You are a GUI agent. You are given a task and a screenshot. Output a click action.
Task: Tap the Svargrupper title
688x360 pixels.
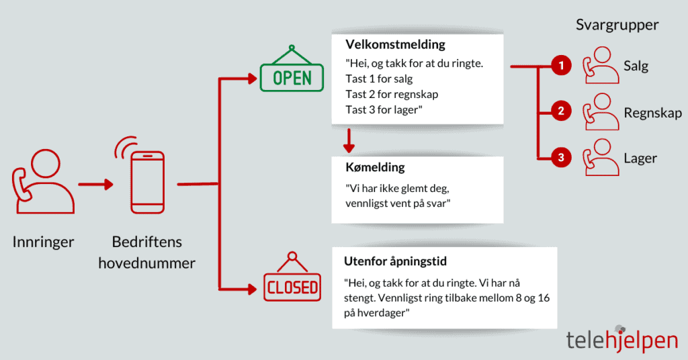point(617,25)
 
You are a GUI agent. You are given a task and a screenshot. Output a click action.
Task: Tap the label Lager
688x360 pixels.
point(640,159)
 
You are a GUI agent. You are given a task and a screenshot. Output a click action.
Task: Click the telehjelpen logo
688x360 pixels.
point(621,339)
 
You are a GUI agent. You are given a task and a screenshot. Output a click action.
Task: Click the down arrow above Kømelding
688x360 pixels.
point(348,140)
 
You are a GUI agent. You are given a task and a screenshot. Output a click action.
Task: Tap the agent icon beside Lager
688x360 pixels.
point(600,159)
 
